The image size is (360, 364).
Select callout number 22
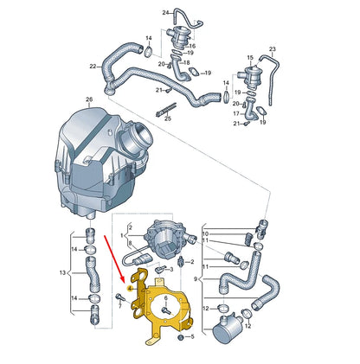click(x=93, y=67)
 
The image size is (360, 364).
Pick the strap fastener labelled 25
click(x=164, y=111)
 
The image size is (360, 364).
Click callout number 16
click(x=191, y=46)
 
